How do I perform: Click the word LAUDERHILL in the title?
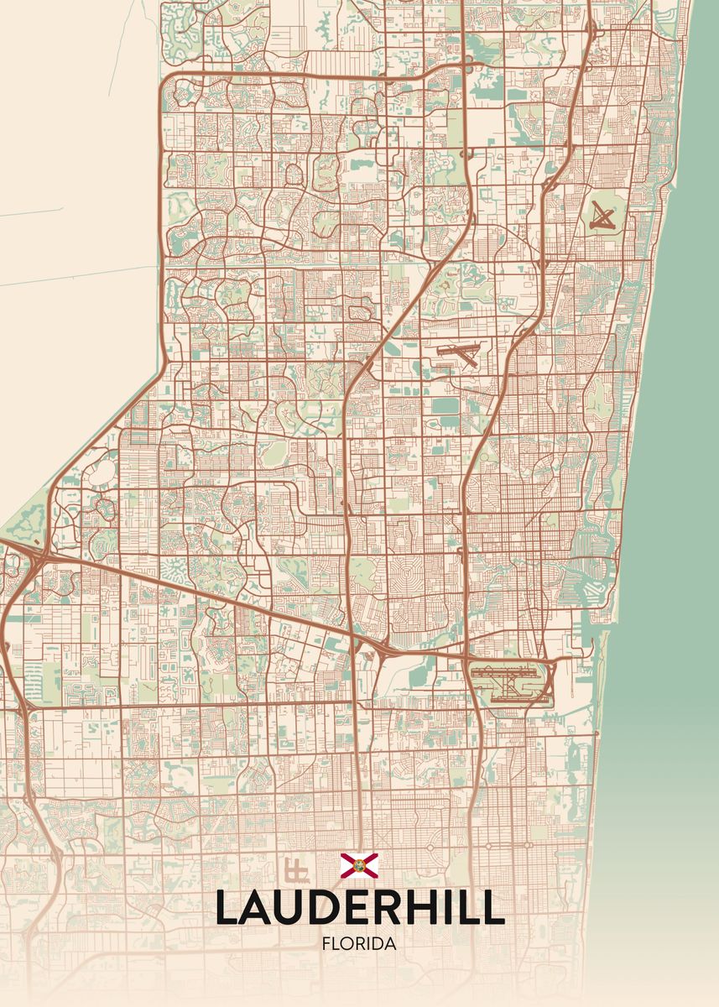click(x=359, y=907)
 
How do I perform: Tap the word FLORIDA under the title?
click(x=359, y=944)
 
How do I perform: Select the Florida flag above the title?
click(x=359, y=865)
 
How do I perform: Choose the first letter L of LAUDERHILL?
click(x=227, y=907)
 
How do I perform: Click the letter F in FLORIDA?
click(x=326, y=944)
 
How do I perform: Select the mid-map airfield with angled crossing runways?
click(x=458, y=356)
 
